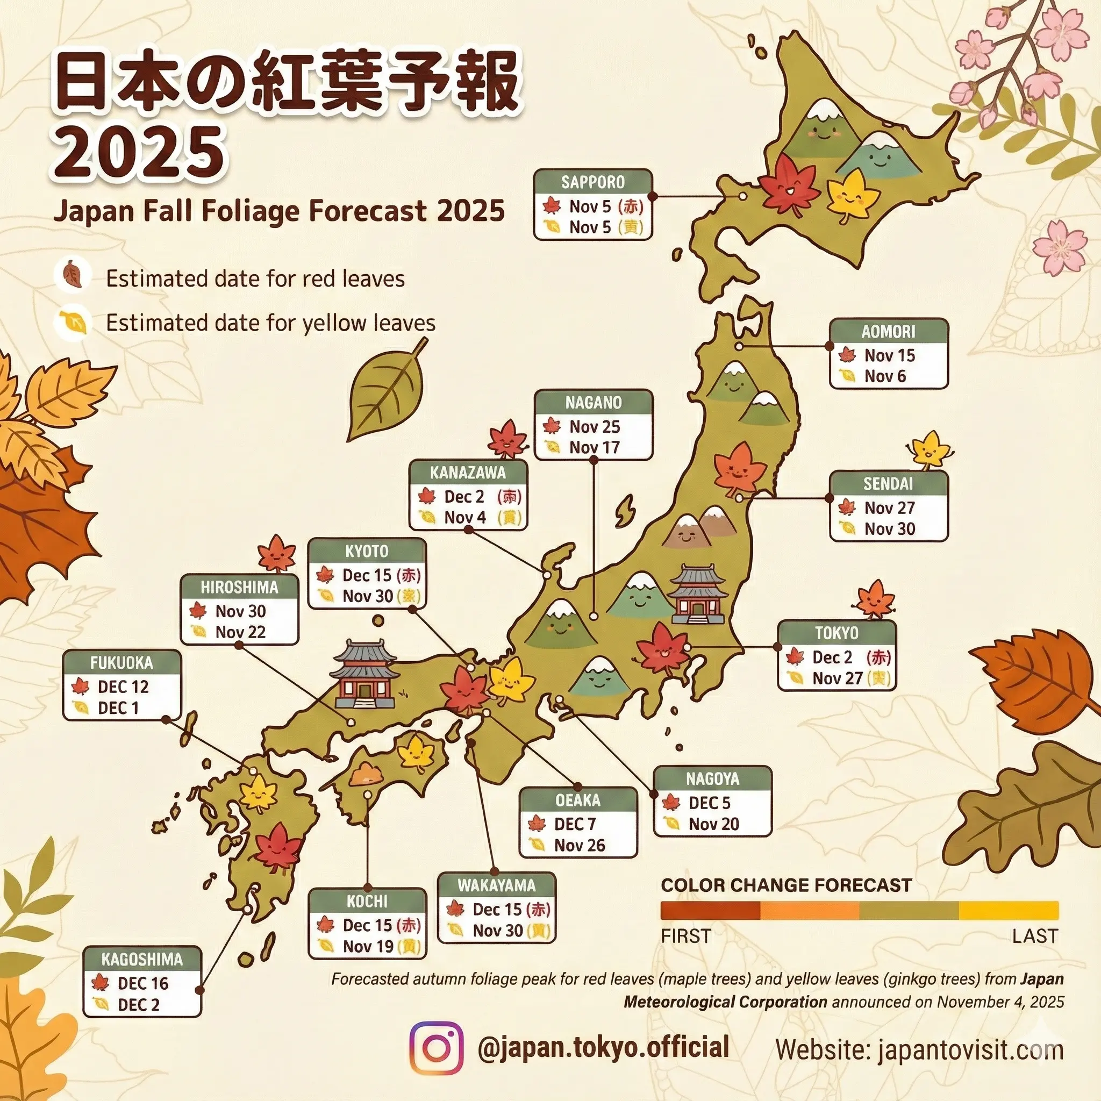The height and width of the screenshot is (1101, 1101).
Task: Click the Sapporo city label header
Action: click(592, 182)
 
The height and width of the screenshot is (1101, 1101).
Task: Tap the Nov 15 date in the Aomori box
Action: click(889, 355)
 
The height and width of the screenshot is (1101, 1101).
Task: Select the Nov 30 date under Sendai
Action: click(889, 529)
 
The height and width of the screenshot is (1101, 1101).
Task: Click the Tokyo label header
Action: click(837, 633)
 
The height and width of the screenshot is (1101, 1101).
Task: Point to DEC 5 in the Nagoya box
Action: click(709, 803)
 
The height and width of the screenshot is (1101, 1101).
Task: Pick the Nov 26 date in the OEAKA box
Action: click(580, 845)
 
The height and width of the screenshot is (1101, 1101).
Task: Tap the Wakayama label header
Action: click(496, 885)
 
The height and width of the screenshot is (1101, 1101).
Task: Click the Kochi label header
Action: click(367, 901)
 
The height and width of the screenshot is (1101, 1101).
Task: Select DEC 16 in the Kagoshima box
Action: click(143, 983)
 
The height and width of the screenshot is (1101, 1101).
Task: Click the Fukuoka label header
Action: click(121, 663)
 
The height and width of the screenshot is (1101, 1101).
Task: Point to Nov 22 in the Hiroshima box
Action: click(240, 632)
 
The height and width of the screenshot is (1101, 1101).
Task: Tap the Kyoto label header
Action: click(367, 551)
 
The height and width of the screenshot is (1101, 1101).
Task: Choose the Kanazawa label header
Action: click(468, 473)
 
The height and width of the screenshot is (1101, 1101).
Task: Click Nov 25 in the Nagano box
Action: click(595, 426)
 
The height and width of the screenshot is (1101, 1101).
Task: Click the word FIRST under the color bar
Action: click(685, 936)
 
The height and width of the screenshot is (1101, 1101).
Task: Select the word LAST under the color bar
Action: click(1035, 936)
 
